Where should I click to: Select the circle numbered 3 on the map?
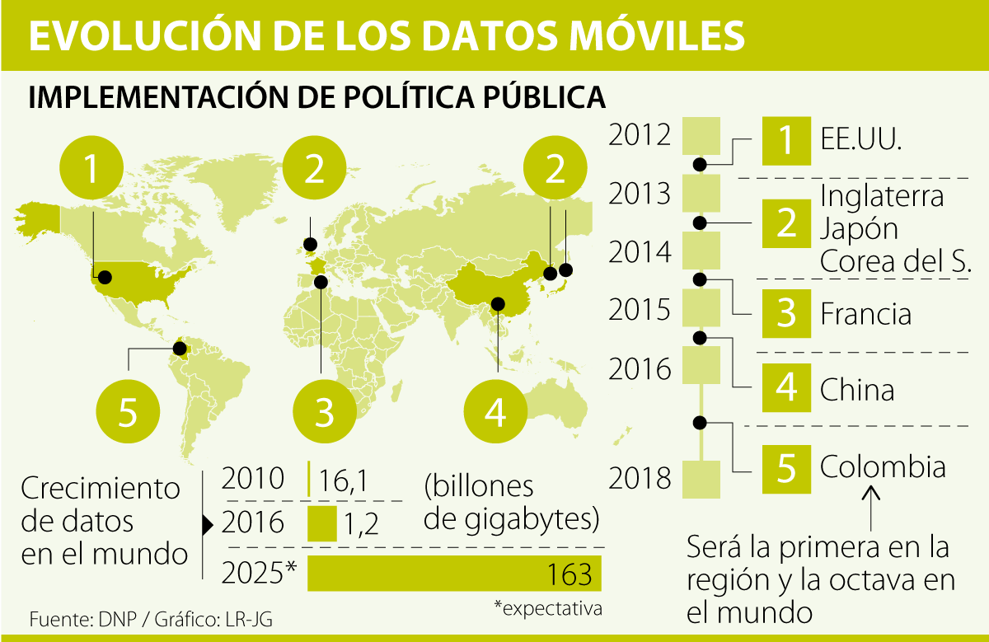(324, 410)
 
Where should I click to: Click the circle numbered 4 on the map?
(495, 410)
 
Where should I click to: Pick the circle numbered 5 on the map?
(128, 410)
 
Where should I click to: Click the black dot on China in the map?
(497, 304)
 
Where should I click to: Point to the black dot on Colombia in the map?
(180, 349)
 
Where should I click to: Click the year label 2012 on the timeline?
(640, 134)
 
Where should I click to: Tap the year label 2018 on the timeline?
(640, 478)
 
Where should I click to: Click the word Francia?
(865, 314)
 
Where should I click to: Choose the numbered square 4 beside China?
(786, 388)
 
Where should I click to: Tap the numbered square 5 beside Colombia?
(786, 468)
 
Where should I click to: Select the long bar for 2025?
(454, 573)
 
